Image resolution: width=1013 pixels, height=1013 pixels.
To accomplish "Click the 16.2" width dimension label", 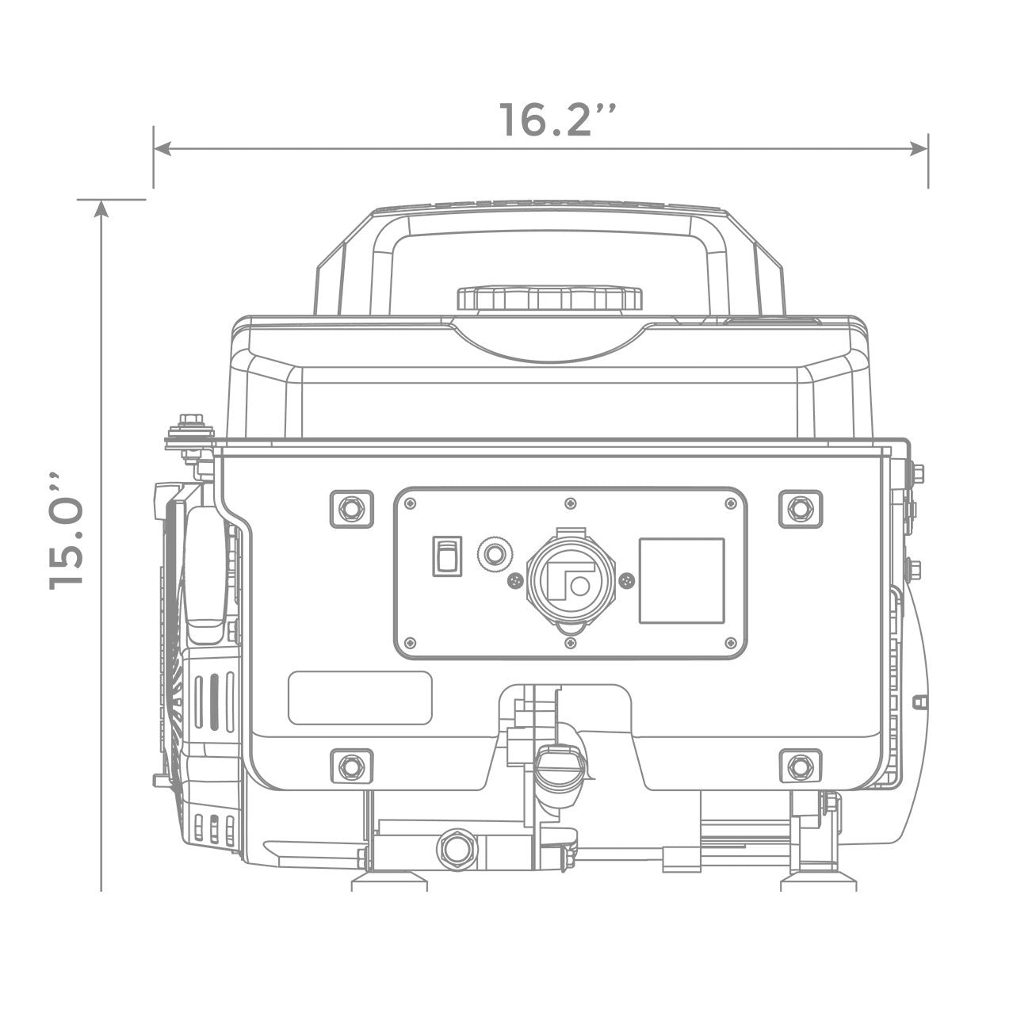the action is tap(556, 120).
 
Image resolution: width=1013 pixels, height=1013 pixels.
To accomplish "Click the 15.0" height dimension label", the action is tap(67, 532).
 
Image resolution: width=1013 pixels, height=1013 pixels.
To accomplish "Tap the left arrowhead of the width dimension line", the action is tap(162, 149).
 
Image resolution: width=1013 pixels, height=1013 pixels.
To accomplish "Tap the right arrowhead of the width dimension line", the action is tap(919, 149).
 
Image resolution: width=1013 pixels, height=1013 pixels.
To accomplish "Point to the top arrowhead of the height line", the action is tap(101, 208).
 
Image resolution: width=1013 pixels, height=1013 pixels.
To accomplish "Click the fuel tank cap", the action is tap(549, 298).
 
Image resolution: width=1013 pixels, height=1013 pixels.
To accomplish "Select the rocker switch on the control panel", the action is tap(447, 556).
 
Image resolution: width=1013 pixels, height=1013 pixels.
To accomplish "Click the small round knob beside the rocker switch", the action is tap(495, 554).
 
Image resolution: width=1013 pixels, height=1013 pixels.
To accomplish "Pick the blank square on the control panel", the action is tap(682, 580).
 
